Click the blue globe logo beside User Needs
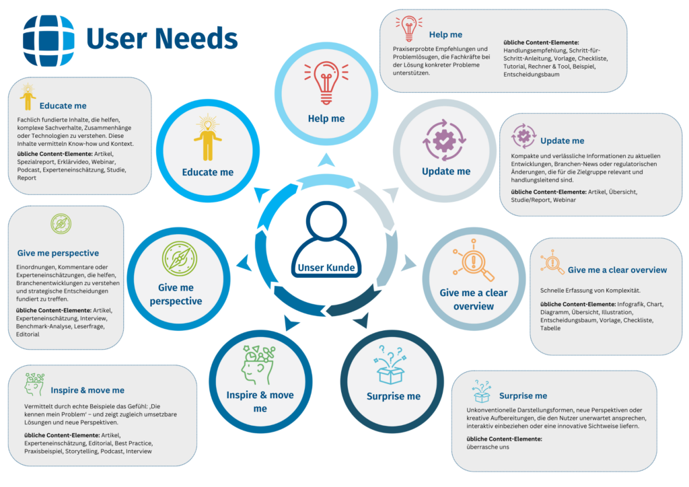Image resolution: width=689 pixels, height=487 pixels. (48, 40)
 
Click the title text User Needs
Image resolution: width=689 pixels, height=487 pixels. (161, 39)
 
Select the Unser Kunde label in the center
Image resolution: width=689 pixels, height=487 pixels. (326, 268)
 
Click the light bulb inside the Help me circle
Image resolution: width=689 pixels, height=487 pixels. (326, 81)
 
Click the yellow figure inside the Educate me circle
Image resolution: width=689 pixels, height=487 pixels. (207, 138)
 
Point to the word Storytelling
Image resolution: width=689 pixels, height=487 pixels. (96, 451)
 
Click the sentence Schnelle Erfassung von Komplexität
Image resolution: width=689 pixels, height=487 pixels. (590, 290)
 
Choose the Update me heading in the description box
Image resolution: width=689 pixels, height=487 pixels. (562, 141)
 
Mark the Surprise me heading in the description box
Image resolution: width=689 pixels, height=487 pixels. (523, 396)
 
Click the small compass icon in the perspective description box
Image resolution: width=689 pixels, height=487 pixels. (61, 224)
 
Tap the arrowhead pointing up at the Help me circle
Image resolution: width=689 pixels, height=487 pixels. (326, 159)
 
